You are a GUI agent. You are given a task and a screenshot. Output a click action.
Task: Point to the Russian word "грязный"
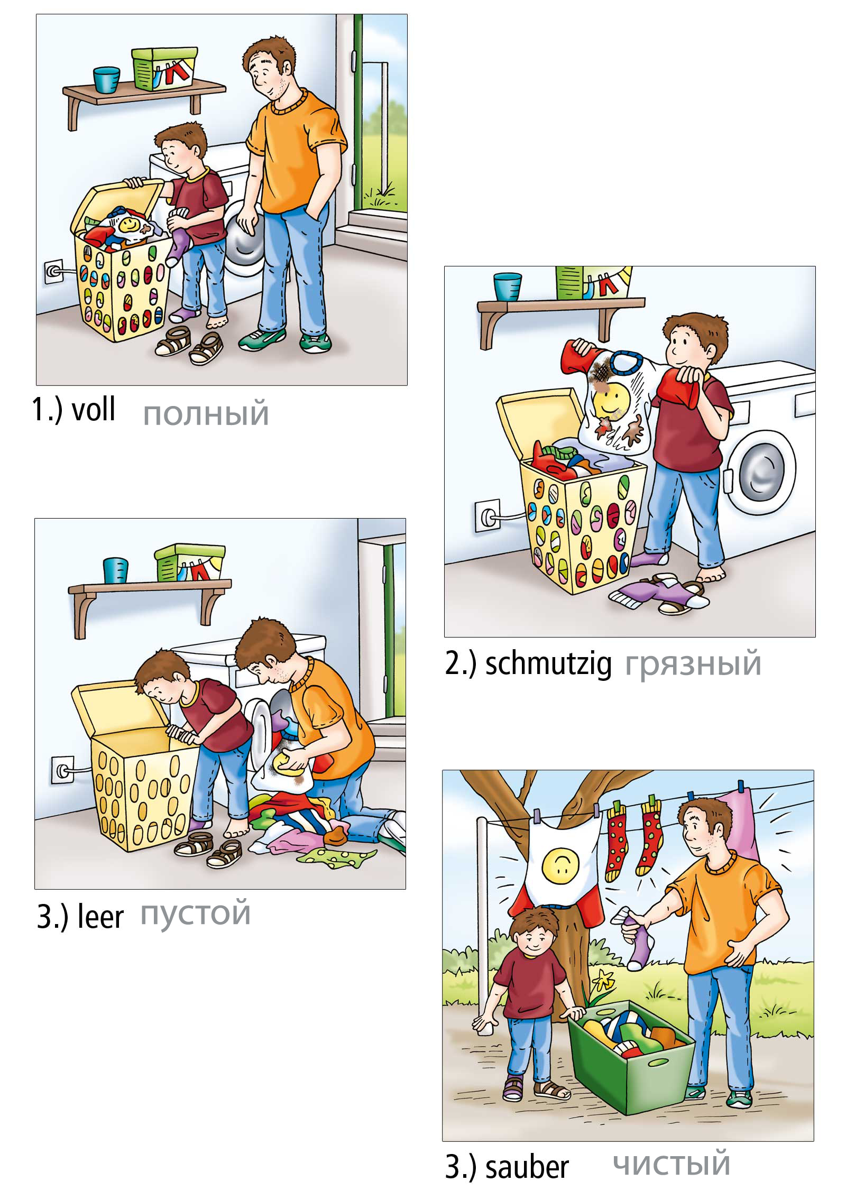(693, 665)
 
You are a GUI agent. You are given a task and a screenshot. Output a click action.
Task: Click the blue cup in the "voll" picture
(107, 80)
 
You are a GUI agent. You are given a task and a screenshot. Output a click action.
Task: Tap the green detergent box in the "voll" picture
(164, 69)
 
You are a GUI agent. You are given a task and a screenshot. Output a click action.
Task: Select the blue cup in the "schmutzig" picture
(508, 286)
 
